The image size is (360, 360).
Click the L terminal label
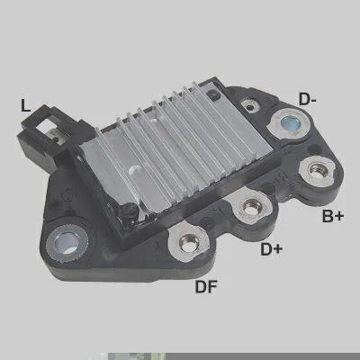point(25,105)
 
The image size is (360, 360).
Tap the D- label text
point(307,99)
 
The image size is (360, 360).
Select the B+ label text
point(333,216)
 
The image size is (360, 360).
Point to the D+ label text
point(272,249)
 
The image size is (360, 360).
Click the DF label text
point(206,286)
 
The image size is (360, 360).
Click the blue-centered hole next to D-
point(289,123)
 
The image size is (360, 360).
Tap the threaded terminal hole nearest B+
point(317,170)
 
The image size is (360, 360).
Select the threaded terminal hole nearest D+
point(251,207)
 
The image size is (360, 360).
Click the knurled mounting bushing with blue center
point(67,242)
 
